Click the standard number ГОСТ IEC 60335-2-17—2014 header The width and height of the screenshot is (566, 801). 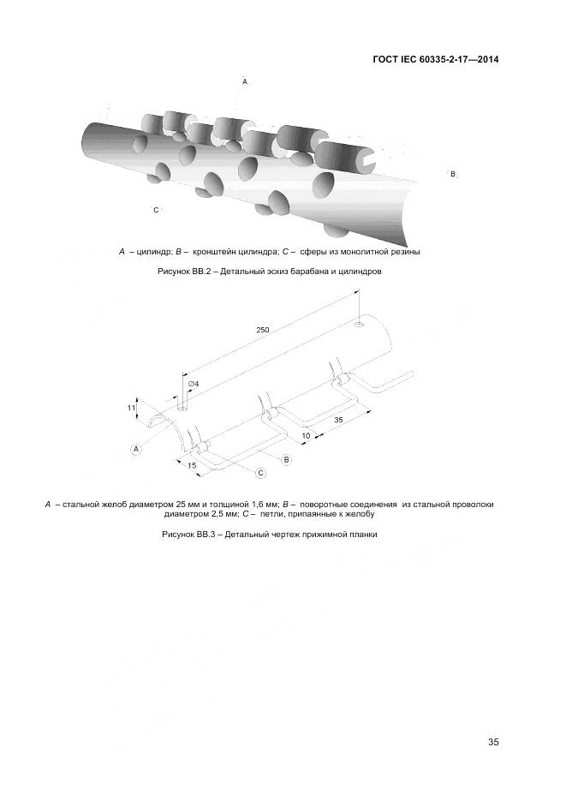click(x=436, y=60)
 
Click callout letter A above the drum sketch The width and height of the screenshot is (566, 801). click(x=245, y=81)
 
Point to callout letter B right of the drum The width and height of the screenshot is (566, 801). click(x=452, y=174)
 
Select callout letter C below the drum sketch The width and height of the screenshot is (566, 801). click(x=155, y=209)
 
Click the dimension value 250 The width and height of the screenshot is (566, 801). click(x=263, y=330)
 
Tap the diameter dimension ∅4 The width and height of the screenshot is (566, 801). click(x=193, y=383)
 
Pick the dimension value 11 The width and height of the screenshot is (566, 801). click(x=132, y=408)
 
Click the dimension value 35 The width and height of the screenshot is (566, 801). click(x=339, y=421)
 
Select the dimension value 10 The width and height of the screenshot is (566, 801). click(x=307, y=435)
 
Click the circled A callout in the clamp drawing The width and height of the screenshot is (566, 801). click(x=136, y=448)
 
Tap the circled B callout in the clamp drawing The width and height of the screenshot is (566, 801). click(x=287, y=460)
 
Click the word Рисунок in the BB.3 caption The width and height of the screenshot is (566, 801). click(x=180, y=534)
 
